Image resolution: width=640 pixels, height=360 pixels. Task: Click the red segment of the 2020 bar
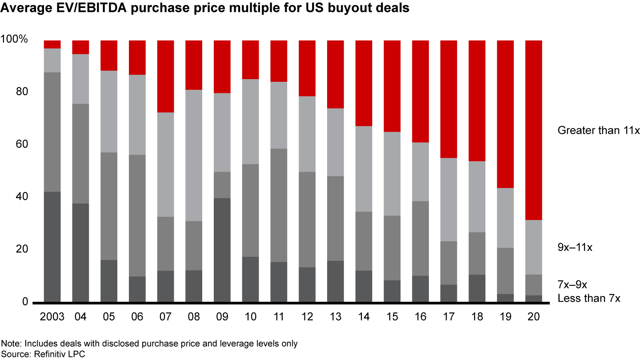(x=534, y=130)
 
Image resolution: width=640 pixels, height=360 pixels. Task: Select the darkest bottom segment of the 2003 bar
(x=52, y=247)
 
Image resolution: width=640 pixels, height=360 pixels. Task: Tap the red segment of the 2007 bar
(x=165, y=76)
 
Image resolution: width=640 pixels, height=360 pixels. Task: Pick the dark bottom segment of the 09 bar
(x=222, y=250)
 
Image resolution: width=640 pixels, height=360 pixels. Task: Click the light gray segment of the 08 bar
(x=194, y=155)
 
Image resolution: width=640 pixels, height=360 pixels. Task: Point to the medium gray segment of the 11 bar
(x=279, y=205)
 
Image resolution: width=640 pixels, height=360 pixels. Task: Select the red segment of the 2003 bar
(x=52, y=44)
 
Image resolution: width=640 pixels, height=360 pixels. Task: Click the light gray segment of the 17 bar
(x=449, y=200)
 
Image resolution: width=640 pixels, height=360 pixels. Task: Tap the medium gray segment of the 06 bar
(x=137, y=216)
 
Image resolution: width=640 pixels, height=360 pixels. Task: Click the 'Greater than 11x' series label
(x=598, y=130)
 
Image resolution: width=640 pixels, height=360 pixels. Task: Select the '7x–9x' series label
(x=572, y=284)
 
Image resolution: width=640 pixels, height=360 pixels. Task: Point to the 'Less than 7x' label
(x=588, y=298)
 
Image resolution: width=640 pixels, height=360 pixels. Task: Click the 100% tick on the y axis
(x=14, y=40)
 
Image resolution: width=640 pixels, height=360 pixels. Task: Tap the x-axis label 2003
(x=52, y=317)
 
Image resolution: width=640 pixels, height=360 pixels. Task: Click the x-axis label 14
(x=364, y=317)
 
